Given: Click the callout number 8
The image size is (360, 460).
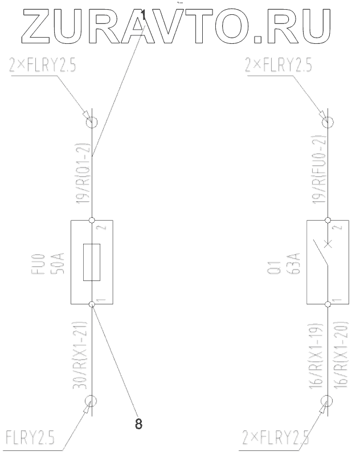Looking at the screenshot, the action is pos(138,424).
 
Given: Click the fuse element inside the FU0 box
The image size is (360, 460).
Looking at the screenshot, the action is pos(92,262).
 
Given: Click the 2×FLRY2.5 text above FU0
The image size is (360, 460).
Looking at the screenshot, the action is pos(43,67).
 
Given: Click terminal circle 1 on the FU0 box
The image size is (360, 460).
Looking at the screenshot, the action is pos(92,304).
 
